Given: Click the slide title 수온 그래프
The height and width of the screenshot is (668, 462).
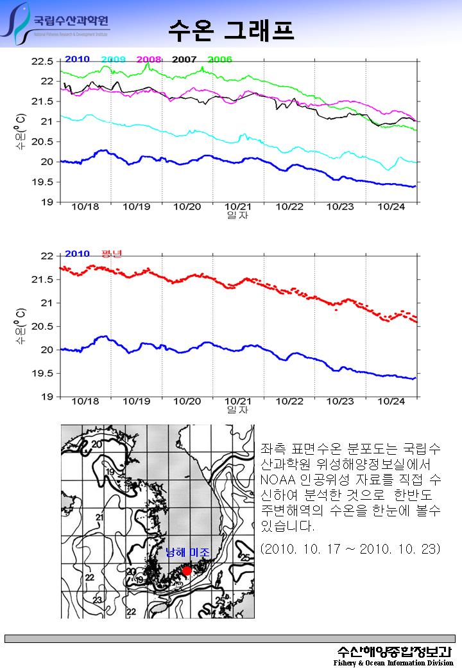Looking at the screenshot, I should pyautogui.click(x=231, y=28).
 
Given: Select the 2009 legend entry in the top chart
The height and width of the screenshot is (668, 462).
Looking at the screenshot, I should pyautogui.click(x=113, y=59).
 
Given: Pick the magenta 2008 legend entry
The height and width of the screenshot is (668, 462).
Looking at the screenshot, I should pyautogui.click(x=148, y=59).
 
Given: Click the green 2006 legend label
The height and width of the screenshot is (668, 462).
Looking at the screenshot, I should pyautogui.click(x=219, y=59).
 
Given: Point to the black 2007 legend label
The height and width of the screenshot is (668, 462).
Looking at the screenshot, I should pyautogui.click(x=184, y=59).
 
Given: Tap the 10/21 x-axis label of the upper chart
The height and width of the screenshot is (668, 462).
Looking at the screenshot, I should pyautogui.click(x=237, y=207).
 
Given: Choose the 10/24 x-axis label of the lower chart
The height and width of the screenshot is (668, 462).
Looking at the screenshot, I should pyautogui.click(x=391, y=401).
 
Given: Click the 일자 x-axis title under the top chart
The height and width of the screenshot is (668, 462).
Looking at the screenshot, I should pyautogui.click(x=237, y=216).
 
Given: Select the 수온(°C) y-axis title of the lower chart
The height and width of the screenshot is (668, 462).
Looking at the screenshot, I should pyautogui.click(x=21, y=326).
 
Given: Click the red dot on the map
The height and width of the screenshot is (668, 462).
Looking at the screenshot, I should pyautogui.click(x=187, y=571).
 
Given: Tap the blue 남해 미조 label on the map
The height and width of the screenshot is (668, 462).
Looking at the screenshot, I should pyautogui.click(x=187, y=552).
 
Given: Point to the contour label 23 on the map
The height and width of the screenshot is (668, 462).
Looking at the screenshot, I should pyautogui.click(x=98, y=599).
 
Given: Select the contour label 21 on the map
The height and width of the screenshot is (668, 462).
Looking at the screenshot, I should pyautogui.click(x=99, y=517).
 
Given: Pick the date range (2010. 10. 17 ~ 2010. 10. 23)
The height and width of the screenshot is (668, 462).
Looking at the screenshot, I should pyautogui.click(x=350, y=549).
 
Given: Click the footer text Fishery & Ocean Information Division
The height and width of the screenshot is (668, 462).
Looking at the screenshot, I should pyautogui.click(x=393, y=662).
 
